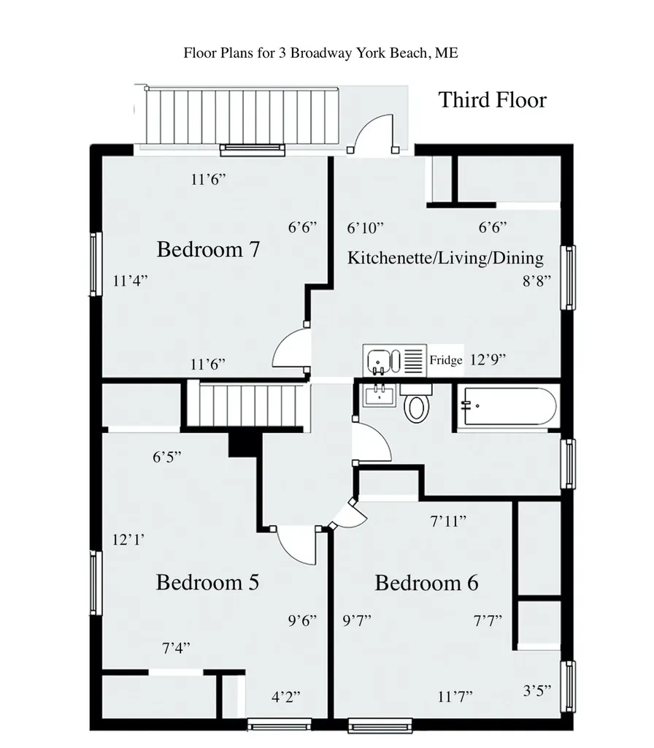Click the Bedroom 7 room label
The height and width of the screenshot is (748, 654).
[x=208, y=250]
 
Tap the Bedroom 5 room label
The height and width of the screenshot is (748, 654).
[x=207, y=582]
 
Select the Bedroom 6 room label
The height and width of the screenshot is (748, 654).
[x=426, y=583]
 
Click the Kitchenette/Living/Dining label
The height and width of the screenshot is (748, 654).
[x=445, y=258]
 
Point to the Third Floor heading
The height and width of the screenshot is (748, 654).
[x=492, y=100]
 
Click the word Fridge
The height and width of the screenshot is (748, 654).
[x=446, y=359]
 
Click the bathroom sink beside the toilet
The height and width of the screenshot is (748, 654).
[x=380, y=395]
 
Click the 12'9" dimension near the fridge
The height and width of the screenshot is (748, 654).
[x=488, y=359]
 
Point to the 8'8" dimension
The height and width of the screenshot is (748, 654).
[x=537, y=281]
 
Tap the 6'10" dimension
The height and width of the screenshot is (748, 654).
[x=365, y=228]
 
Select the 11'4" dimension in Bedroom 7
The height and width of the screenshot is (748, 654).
[x=130, y=280]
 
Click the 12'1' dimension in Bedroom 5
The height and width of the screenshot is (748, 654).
[x=128, y=540]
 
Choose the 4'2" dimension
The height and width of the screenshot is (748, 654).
[x=286, y=697]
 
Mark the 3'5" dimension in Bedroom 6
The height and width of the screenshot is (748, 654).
[x=537, y=691]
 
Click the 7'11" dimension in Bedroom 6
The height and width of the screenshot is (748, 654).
[x=448, y=522]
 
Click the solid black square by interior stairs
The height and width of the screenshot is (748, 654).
[x=245, y=445]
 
